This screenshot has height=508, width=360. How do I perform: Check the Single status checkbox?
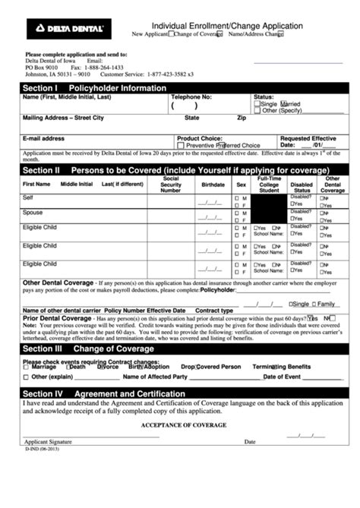pos(257,104)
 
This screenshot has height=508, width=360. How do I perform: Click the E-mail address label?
pos(44,139)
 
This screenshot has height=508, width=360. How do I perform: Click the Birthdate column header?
pos(213,185)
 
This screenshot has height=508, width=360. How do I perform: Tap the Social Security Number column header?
pos(171,185)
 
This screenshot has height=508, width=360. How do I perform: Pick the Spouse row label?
pos(33,213)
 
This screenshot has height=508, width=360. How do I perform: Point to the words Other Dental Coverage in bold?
pos(58,282)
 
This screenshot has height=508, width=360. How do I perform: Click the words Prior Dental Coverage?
pos(57,317)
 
